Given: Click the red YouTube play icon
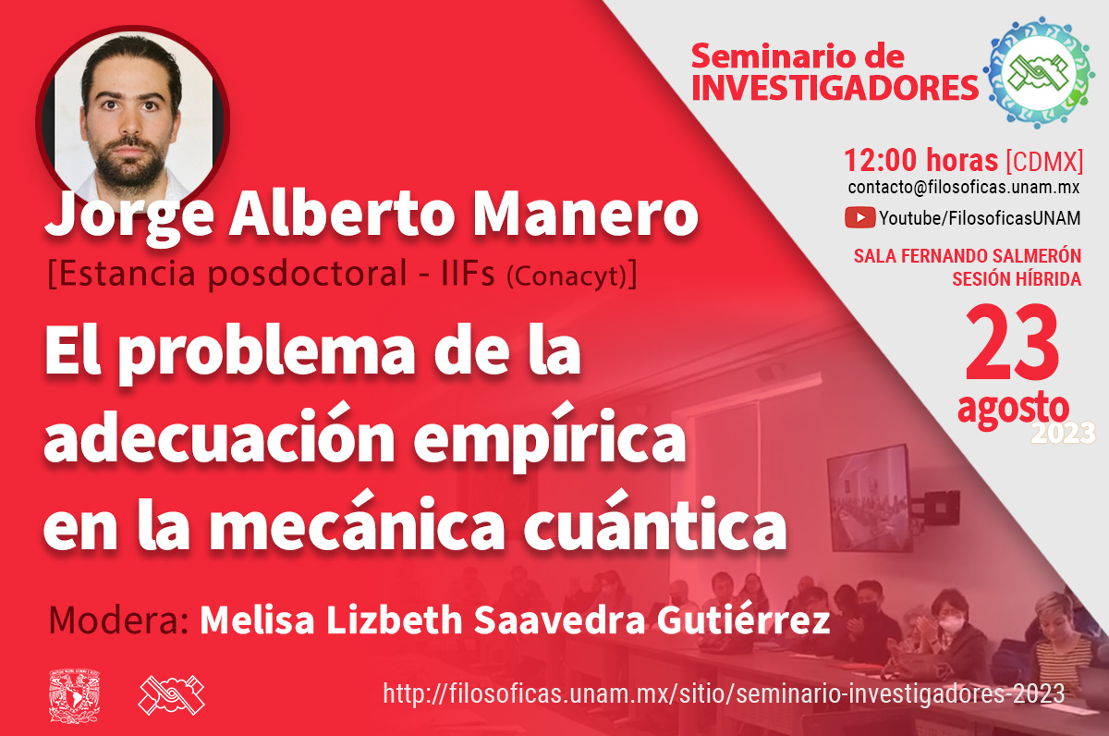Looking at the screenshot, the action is coord(860,218).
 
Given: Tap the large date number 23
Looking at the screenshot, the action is coord(1011,343).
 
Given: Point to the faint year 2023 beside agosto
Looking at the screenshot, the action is coord(1063,433).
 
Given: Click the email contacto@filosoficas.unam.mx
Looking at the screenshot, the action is coord(963,187).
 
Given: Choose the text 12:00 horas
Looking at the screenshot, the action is coord(920,160).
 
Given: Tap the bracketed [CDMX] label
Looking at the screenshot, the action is coord(1044,161).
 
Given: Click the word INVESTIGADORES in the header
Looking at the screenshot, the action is coord(835,87).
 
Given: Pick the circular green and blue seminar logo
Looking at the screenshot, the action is coord(1038,72).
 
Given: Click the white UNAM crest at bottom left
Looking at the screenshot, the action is coord(74,695).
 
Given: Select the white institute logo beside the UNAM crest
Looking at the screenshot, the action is coord(171,695).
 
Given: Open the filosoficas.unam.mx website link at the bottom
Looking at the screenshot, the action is coord(724,693).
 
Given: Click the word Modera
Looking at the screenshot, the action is coord(119,620).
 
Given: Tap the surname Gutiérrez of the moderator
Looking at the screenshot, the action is coord(743,619).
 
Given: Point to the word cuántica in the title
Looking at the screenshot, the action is coord(655,522).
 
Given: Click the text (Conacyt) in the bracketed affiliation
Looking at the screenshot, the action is coord(567,276).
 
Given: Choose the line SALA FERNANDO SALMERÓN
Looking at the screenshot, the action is coord(967,256).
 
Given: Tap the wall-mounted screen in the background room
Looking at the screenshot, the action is coord(869,498).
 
